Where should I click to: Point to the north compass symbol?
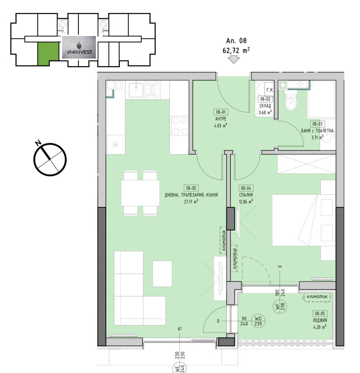tap(50, 158)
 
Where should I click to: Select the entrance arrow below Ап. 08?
tap(234, 60)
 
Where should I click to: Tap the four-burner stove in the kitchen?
tap(179, 125)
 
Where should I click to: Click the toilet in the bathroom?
tap(291, 101)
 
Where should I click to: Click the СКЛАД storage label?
tap(265, 106)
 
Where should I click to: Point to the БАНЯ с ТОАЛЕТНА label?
tap(318, 130)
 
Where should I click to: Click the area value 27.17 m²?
tap(192, 202)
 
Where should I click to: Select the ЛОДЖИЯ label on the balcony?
tap(320, 321)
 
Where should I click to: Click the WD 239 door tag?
tap(258, 320)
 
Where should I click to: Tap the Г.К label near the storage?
tap(268, 90)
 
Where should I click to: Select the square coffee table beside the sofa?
tap(162, 273)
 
